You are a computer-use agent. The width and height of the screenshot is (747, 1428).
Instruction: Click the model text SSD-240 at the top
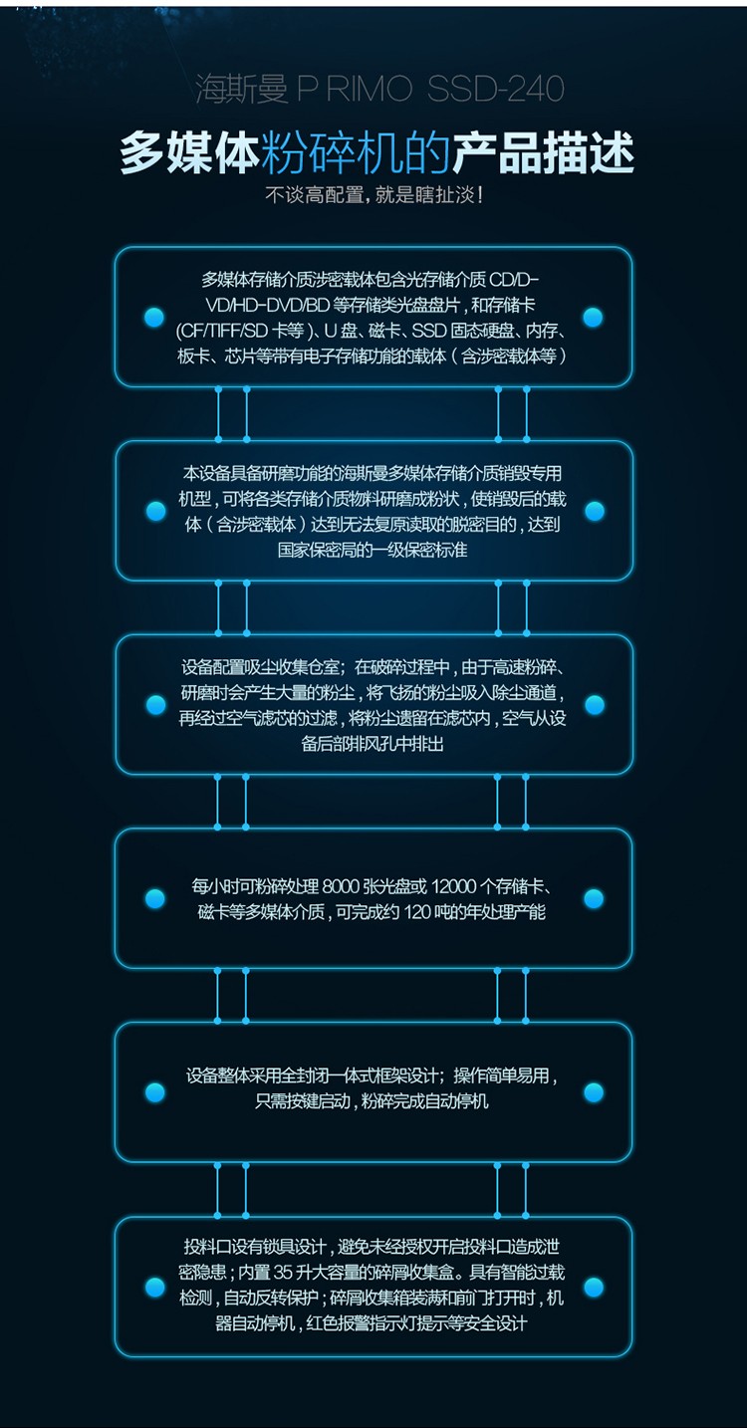pos(495,90)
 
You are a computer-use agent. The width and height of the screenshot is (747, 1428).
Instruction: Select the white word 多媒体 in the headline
pos(190,153)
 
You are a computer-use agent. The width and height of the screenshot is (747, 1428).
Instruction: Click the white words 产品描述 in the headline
pos(543,153)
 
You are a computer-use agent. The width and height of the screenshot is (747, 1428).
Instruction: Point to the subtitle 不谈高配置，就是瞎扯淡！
pos(374,195)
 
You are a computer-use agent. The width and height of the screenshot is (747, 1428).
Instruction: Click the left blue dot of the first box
pos(154,317)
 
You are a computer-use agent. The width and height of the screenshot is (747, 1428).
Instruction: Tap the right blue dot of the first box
pos(593,317)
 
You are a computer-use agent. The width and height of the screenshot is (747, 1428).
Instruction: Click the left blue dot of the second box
pos(155,511)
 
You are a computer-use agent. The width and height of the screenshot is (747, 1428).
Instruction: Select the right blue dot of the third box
pos(594,704)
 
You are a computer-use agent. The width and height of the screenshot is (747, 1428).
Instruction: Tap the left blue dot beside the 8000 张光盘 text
pos(155,898)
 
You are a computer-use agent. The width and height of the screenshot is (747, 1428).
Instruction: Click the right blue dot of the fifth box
pos(594,1092)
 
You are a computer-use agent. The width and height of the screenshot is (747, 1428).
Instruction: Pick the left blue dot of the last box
pos(155,1287)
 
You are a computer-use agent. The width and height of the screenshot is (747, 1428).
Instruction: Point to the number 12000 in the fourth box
pos(453,886)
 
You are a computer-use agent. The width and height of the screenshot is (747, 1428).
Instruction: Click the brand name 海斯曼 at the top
pos(242,90)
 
